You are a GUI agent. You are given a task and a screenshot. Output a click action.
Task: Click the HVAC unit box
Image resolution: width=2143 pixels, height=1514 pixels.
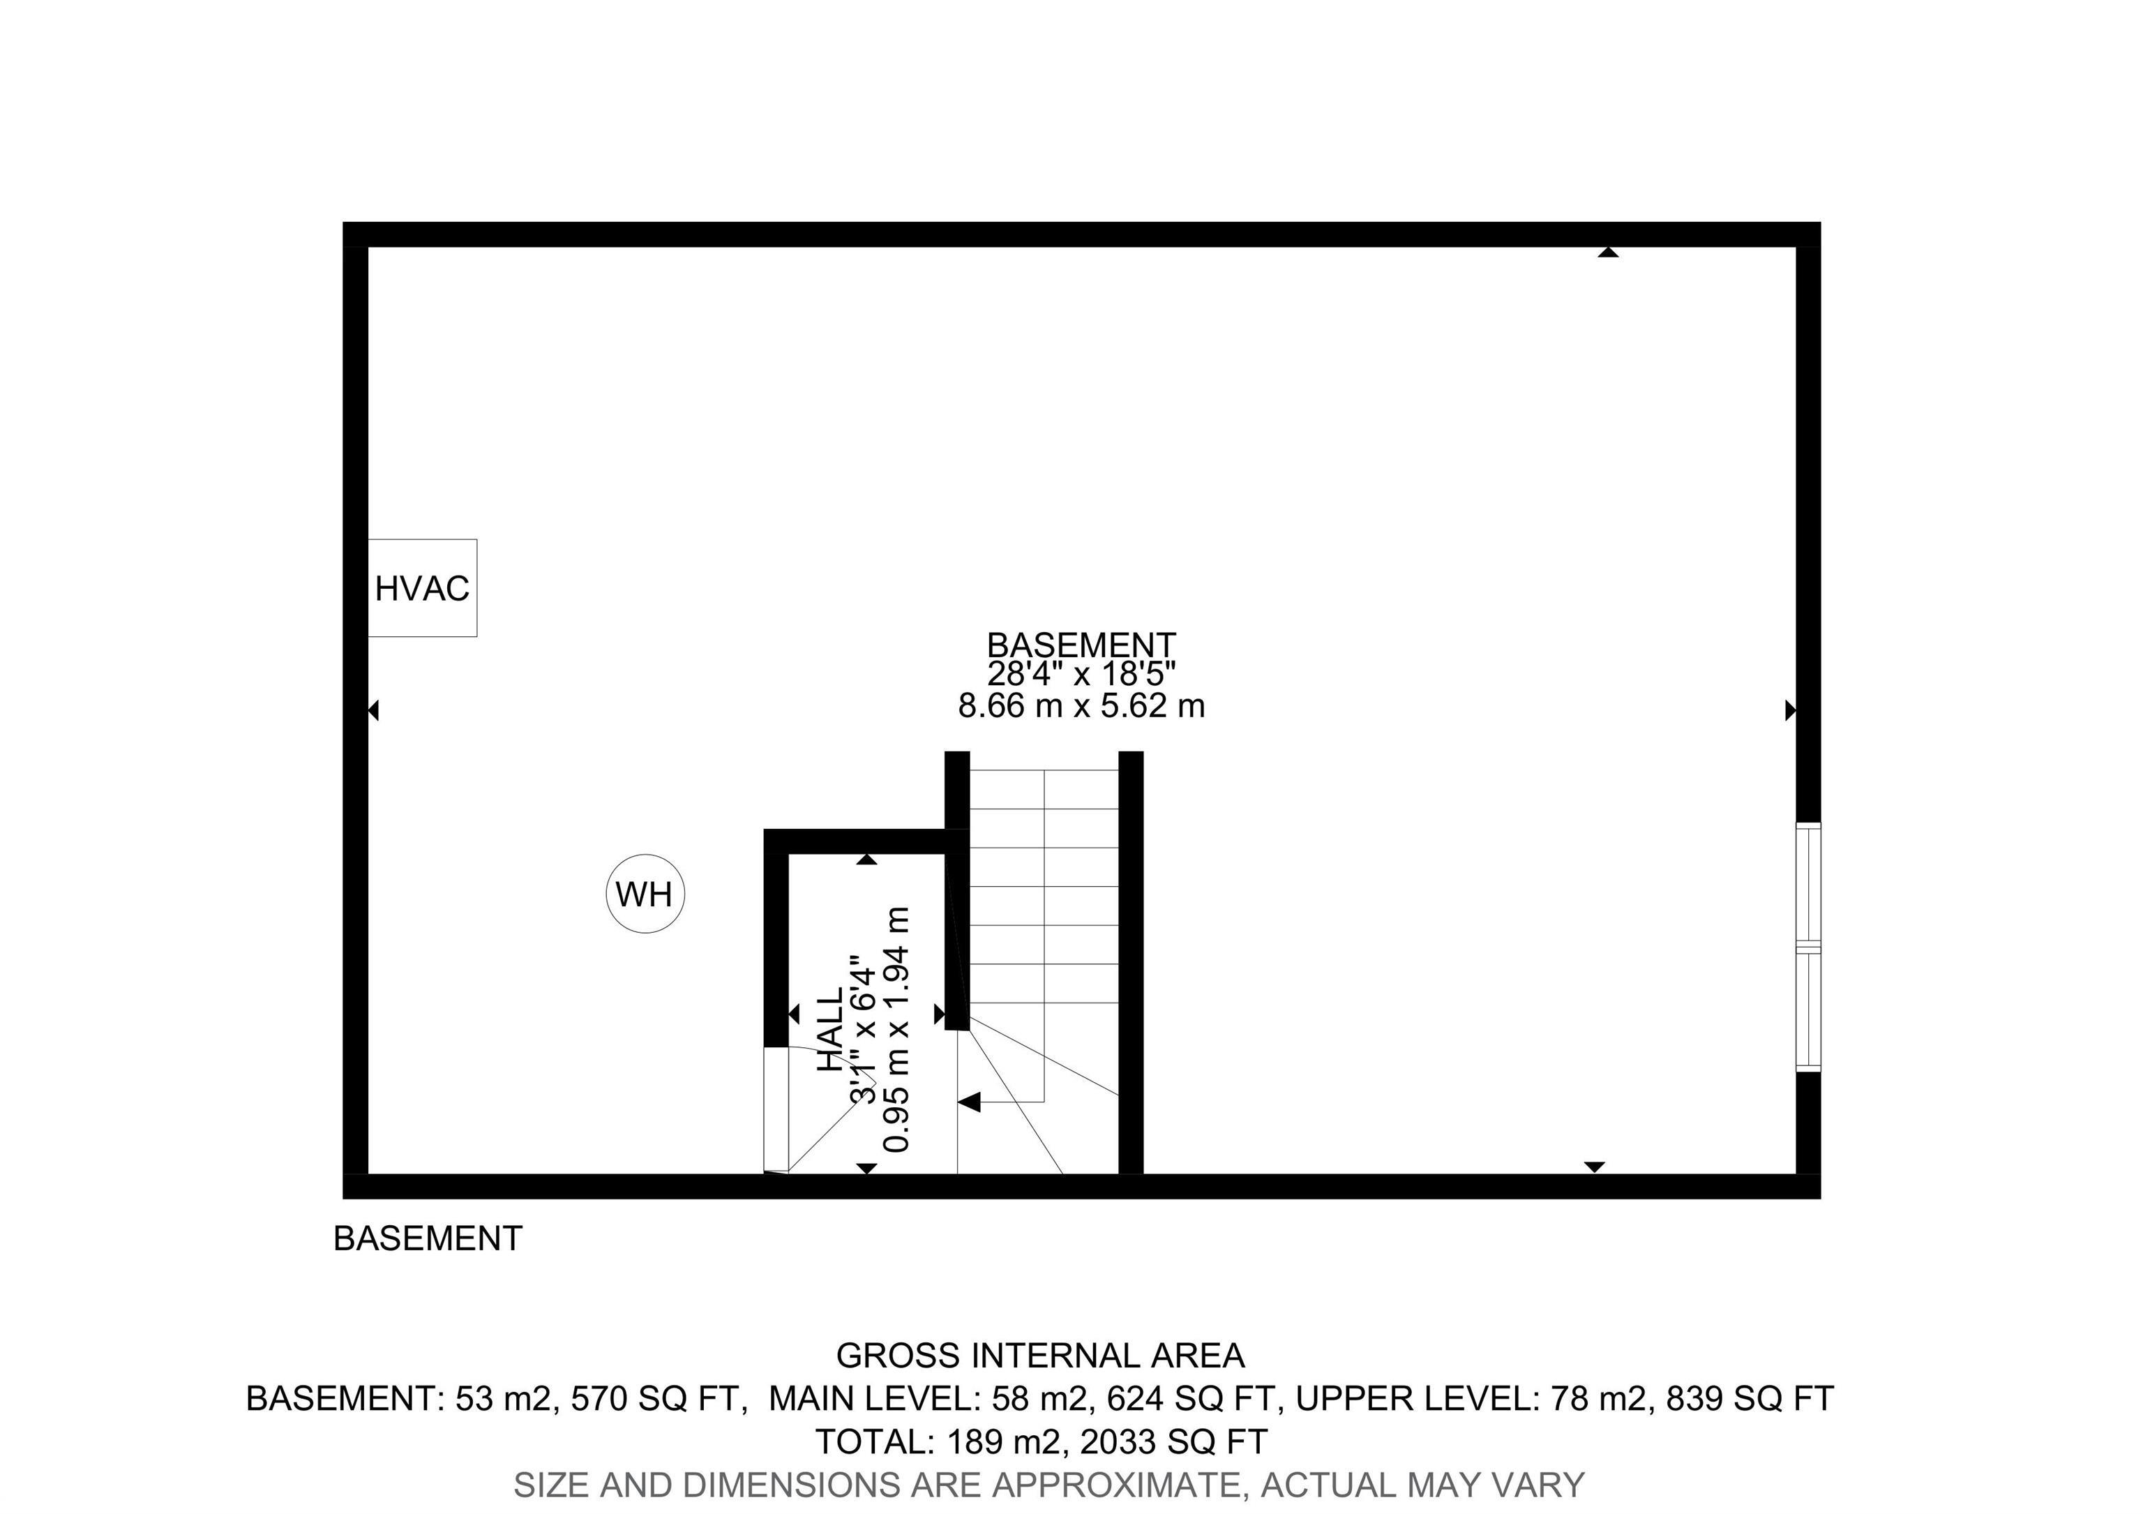click(422, 588)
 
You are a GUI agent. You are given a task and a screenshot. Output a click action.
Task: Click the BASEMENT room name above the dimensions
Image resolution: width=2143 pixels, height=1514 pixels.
click(1081, 645)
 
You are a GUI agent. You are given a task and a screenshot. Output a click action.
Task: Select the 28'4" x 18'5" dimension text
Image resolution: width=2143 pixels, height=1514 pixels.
click(1081, 674)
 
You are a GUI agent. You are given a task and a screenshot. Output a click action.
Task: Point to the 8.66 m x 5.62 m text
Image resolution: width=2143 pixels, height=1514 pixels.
click(1081, 705)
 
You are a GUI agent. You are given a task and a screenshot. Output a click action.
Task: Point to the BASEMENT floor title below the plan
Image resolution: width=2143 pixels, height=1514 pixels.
click(428, 1238)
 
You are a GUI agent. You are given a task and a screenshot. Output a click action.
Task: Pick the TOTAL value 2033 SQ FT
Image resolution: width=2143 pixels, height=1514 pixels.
click(1173, 1441)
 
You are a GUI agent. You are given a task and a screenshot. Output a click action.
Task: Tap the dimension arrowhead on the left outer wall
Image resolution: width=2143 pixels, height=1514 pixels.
click(373, 711)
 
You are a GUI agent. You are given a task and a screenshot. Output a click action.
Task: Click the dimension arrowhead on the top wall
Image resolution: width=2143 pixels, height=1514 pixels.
click(1607, 252)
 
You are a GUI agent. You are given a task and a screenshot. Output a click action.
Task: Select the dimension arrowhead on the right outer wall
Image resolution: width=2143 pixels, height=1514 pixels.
click(1790, 711)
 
